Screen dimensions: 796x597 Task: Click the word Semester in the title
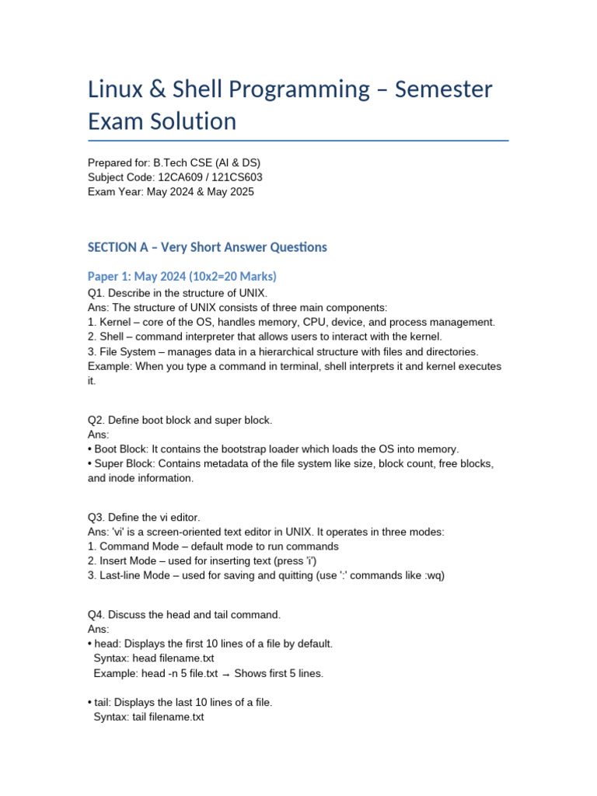(x=444, y=89)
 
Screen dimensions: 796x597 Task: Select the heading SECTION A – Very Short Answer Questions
(x=208, y=247)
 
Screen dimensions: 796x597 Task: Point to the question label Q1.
(x=96, y=293)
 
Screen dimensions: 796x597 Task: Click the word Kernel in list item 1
(x=116, y=322)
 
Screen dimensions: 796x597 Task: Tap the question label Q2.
(x=96, y=420)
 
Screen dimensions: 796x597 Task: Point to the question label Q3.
(x=96, y=517)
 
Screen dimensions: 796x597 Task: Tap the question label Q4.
(x=96, y=615)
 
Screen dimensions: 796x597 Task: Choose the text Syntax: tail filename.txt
(x=148, y=717)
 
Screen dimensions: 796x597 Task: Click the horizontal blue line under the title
(x=298, y=141)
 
